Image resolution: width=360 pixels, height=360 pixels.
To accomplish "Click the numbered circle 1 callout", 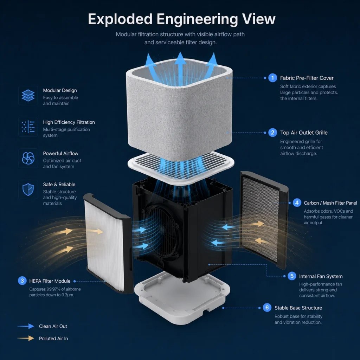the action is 272,78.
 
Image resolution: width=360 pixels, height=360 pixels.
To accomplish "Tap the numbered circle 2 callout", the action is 272,133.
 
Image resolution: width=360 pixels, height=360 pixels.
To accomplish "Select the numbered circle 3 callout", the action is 22,281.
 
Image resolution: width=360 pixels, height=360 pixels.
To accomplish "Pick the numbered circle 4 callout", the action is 297,203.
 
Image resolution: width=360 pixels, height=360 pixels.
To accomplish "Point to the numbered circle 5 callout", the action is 292,276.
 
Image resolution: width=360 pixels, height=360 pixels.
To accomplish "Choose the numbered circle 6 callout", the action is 267,308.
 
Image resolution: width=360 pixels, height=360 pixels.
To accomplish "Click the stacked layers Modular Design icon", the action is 28,96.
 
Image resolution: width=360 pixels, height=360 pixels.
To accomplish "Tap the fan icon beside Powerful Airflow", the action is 28,158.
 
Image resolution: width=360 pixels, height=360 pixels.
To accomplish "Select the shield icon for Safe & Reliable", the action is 28,189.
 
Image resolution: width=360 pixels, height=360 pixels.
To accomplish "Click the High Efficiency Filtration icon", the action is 28,127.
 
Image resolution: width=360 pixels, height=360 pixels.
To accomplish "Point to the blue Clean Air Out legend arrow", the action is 26,326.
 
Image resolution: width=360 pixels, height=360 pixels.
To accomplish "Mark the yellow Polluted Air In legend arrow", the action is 26,339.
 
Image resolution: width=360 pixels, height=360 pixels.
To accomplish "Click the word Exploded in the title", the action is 120,19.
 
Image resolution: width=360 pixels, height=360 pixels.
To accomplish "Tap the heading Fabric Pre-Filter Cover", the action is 307,78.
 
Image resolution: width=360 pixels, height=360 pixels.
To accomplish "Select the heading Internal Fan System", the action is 321,276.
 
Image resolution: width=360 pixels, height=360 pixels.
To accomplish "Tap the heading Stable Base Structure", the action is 298,308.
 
